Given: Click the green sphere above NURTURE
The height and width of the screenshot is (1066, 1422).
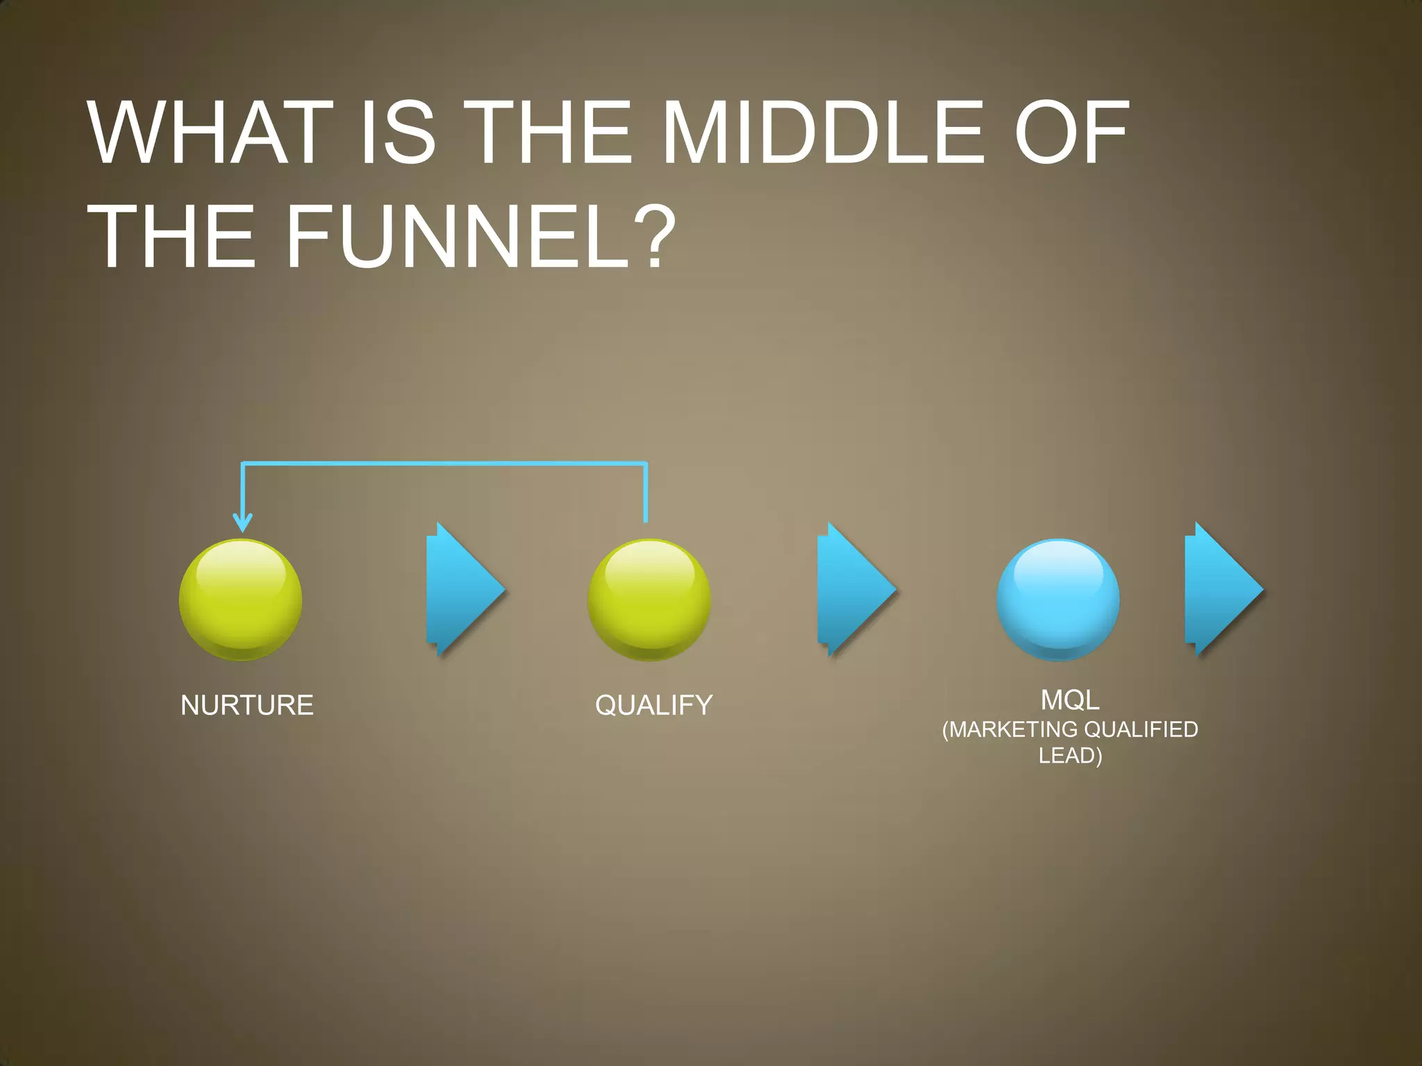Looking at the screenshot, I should [240, 600].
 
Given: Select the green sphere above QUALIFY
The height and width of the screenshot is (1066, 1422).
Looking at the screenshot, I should [649, 600].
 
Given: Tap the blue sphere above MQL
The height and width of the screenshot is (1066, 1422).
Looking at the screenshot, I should [1057, 600].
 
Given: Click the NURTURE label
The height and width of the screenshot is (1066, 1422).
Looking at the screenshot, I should [247, 705].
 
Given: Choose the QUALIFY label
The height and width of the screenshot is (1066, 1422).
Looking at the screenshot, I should [654, 705].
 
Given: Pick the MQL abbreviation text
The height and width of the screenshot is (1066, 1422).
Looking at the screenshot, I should [1070, 700].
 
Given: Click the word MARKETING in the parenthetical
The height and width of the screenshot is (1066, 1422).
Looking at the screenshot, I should [1011, 729].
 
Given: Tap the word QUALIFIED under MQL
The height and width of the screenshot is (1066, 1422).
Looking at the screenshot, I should [1141, 729].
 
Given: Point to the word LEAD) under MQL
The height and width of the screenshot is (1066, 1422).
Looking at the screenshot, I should [1070, 755].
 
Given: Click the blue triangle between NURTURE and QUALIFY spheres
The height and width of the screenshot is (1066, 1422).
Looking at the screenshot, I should [462, 590].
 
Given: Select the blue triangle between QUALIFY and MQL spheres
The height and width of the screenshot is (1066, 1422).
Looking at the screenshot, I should [855, 590].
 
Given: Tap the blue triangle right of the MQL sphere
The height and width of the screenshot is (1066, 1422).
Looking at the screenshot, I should [1221, 590].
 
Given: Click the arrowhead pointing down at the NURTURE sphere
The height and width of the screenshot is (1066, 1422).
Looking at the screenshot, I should [242, 523].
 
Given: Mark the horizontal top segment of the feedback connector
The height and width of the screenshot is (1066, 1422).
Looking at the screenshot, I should [444, 463].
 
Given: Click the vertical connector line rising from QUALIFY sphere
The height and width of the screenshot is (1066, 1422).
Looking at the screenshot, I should [646, 493].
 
